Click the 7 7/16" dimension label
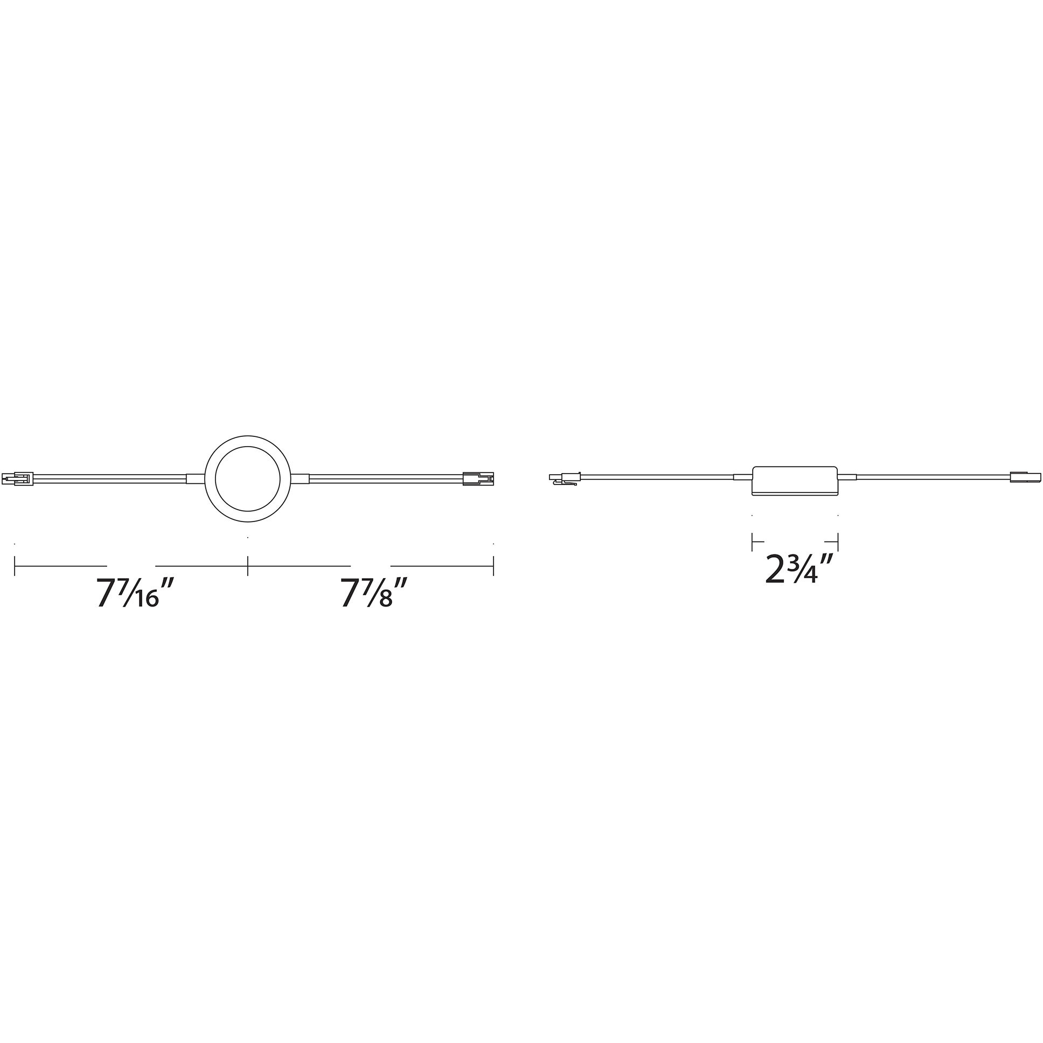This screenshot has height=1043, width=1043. point(128,593)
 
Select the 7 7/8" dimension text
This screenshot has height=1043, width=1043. point(373,593)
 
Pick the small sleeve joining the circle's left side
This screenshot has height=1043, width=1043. point(196,478)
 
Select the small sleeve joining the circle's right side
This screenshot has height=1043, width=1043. point(300,478)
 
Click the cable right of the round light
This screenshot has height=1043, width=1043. point(385,478)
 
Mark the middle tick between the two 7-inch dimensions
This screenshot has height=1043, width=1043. point(248,566)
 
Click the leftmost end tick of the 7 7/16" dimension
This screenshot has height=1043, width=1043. point(15,566)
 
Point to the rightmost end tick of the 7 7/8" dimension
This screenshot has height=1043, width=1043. point(493,566)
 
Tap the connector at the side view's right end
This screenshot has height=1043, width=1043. point(1024,477)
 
